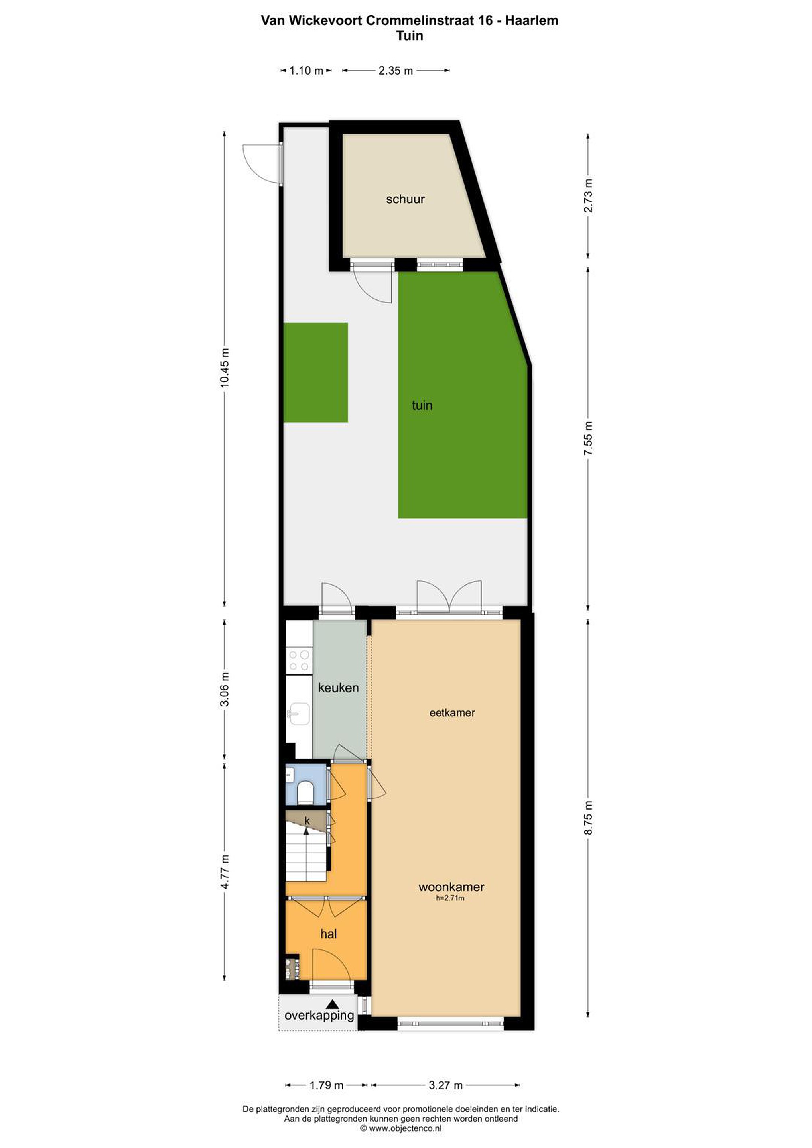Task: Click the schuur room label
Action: (x=405, y=199)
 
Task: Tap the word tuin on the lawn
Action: (x=422, y=405)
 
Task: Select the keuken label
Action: (x=338, y=688)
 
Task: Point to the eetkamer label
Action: (x=452, y=712)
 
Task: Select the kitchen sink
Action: (x=299, y=714)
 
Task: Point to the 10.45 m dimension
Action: (x=224, y=368)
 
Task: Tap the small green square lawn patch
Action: (x=316, y=372)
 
